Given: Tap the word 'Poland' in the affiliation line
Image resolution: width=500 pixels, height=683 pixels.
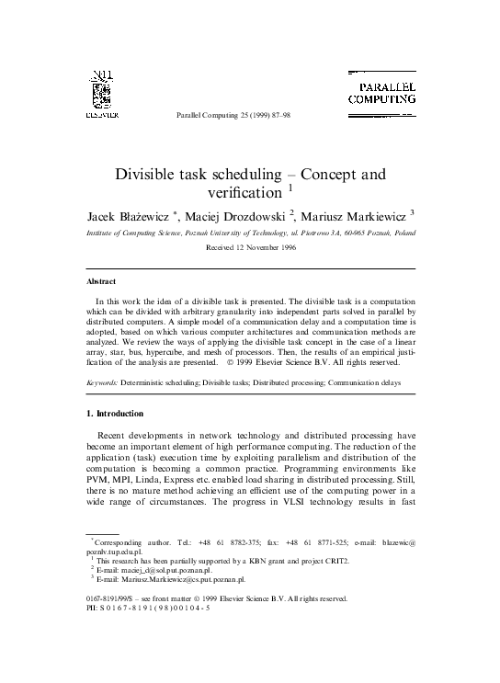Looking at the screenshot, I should (403, 233).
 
